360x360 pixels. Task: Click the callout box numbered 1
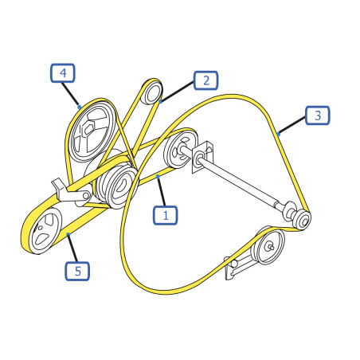pyautogui.click(x=165, y=215)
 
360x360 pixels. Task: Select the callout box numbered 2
pyautogui.click(x=205, y=80)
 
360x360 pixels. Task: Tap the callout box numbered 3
pyautogui.click(x=317, y=115)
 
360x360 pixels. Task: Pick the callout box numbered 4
pyautogui.click(x=63, y=72)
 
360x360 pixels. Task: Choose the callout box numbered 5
pyautogui.click(x=77, y=271)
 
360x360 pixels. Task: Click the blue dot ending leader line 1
pyautogui.click(x=158, y=176)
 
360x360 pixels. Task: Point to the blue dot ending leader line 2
pyautogui.click(x=160, y=101)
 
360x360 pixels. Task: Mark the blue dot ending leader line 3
pyautogui.click(x=278, y=135)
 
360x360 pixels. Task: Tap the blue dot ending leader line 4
pyautogui.click(x=79, y=108)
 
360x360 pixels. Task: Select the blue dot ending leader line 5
pyautogui.click(x=68, y=234)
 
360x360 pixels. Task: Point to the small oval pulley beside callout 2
pyautogui.click(x=152, y=93)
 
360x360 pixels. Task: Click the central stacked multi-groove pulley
pyautogui.click(x=117, y=186)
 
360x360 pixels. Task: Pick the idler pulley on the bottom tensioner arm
pyautogui.click(x=269, y=246)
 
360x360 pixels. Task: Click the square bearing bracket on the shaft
pyautogui.click(x=202, y=157)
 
